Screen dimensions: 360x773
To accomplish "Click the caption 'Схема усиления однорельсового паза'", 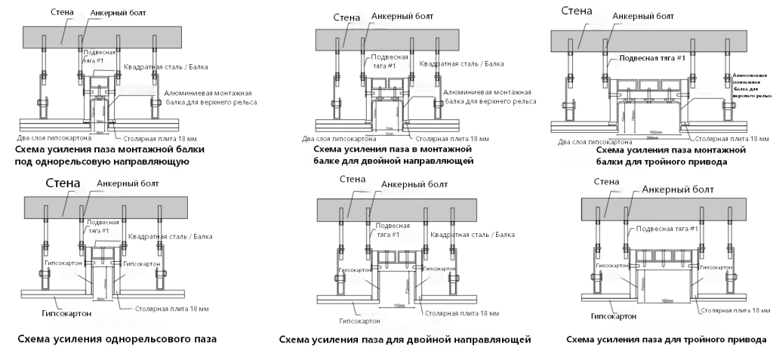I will tap(116, 338).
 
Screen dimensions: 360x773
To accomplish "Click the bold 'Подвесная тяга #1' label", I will tap(652, 58).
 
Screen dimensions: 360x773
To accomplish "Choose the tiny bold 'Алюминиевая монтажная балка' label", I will tap(752, 86).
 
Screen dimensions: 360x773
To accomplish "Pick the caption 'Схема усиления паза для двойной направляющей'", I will tap(405, 340).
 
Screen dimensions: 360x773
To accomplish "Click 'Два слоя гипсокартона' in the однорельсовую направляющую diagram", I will tap(54, 138).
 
